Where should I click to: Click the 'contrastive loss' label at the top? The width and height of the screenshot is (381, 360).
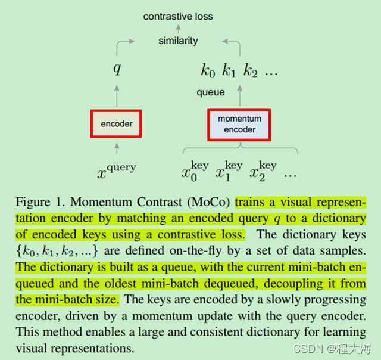coord(178,17)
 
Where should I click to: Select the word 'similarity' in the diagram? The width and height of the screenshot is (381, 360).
coord(178,41)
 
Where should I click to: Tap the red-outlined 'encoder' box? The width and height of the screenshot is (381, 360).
coord(117,124)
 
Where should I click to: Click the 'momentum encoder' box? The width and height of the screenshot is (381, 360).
coord(239,124)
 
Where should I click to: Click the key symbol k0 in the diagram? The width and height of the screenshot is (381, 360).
coord(208,71)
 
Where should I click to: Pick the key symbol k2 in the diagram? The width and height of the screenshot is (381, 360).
coord(251,71)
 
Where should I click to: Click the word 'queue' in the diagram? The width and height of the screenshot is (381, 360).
coord(211,92)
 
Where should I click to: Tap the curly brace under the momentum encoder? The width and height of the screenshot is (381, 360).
coord(239,149)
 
